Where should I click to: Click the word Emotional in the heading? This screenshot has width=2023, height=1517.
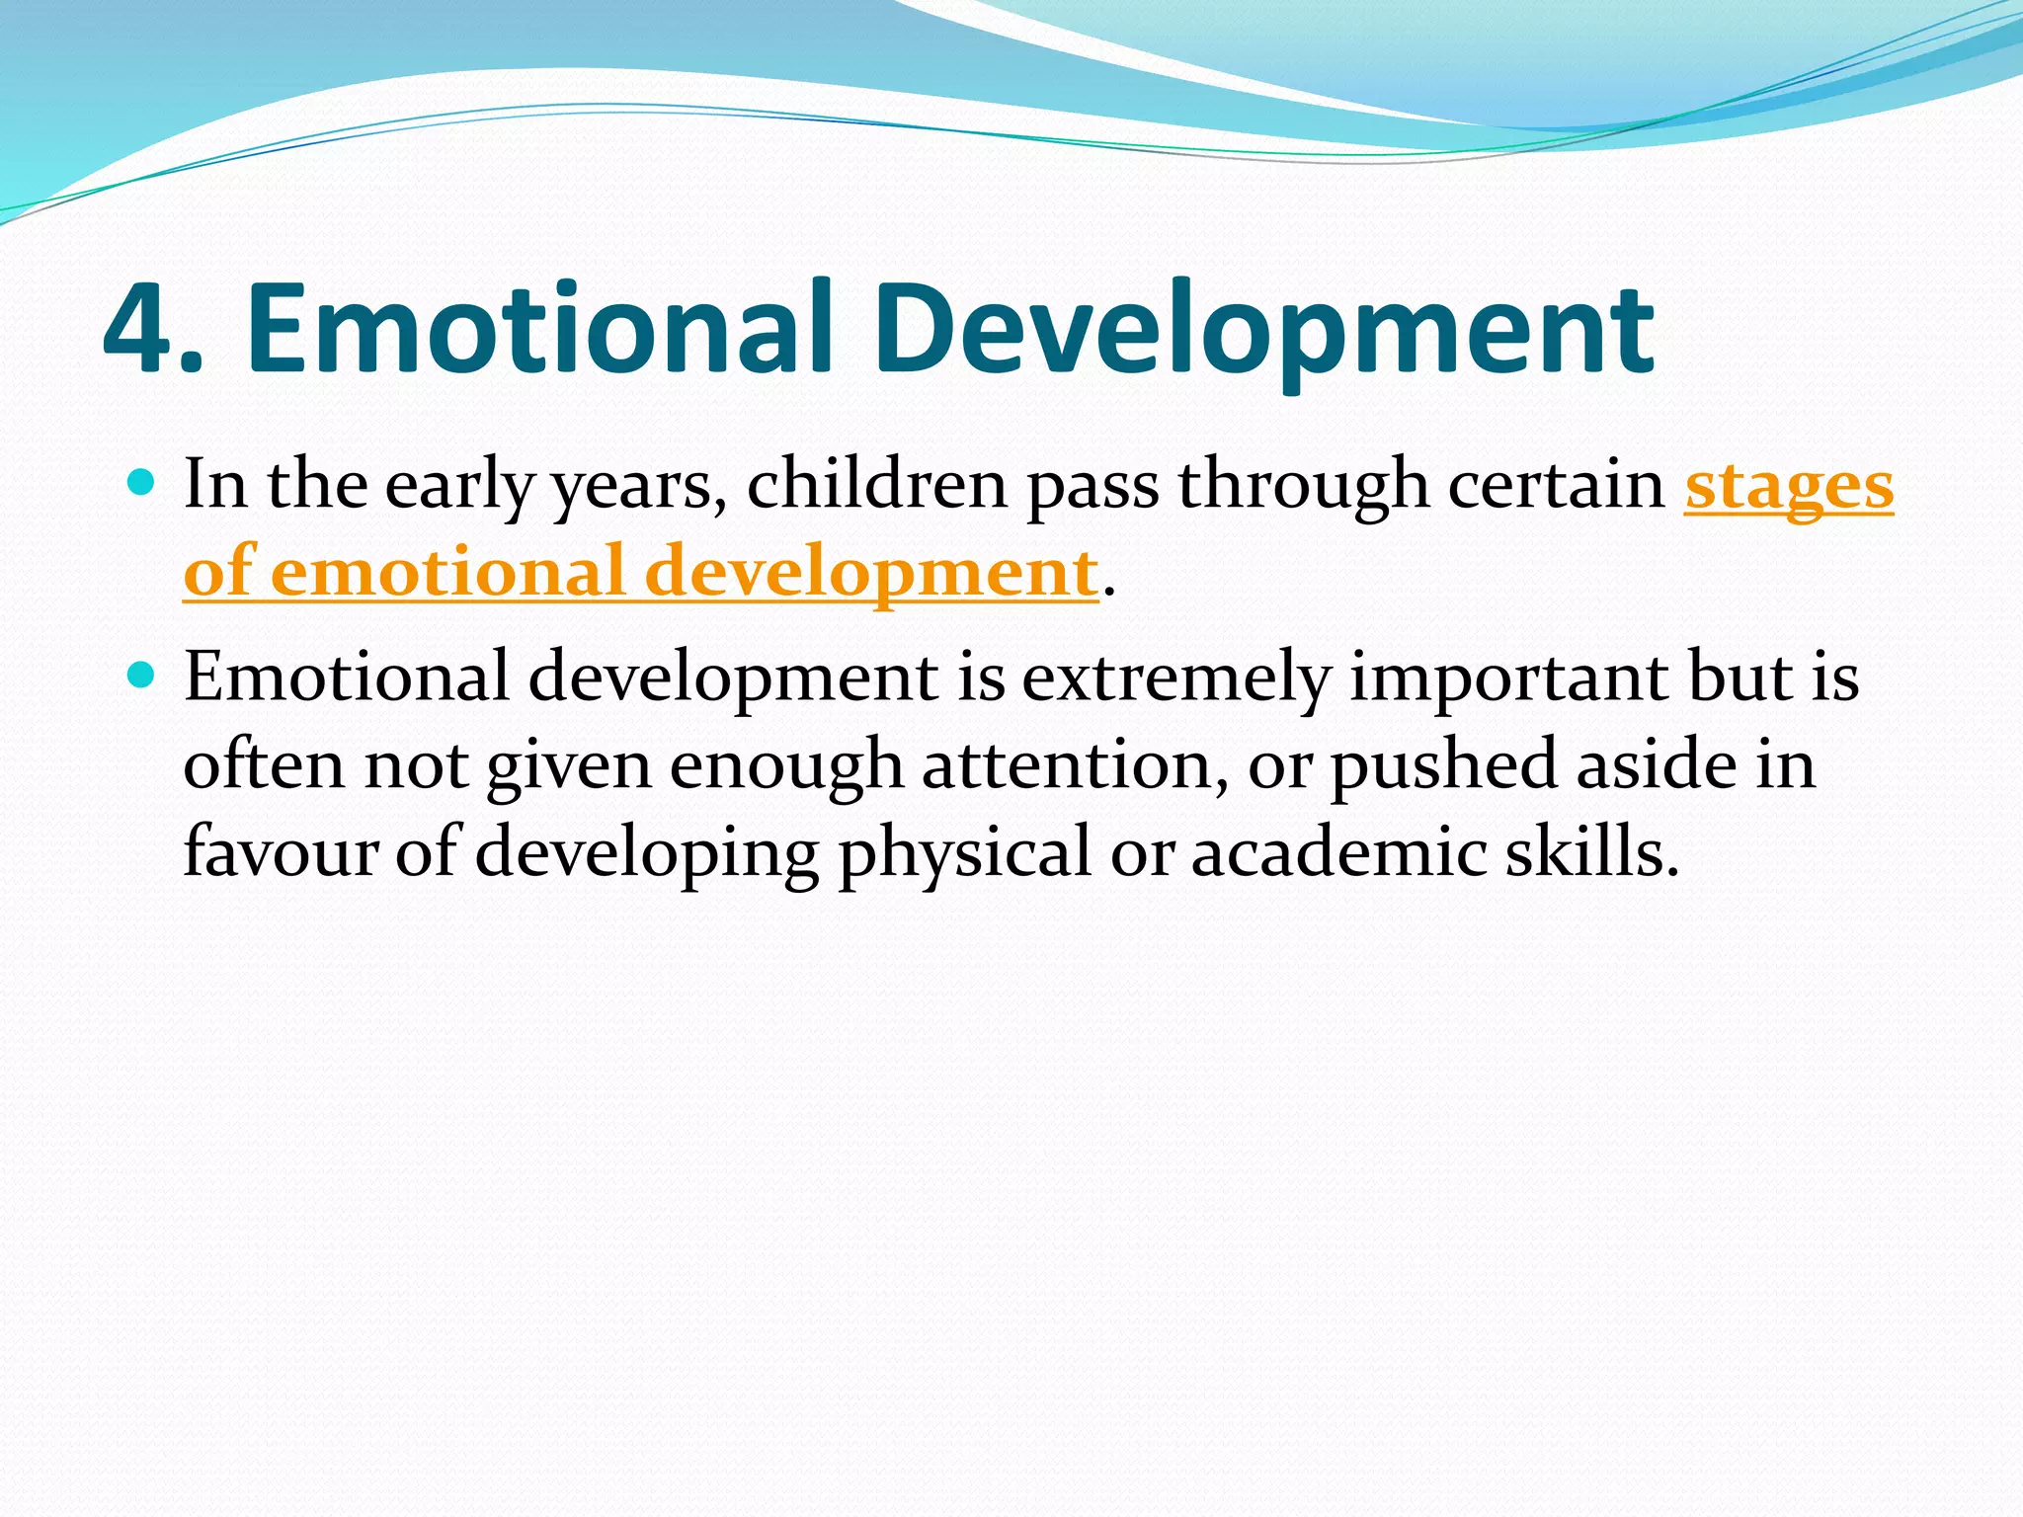pyautogui.click(x=539, y=331)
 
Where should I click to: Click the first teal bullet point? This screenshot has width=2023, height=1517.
pyautogui.click(x=142, y=483)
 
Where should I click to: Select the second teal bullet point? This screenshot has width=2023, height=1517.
pyautogui.click(x=142, y=676)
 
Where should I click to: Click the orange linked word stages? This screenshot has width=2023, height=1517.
pyautogui.click(x=1788, y=487)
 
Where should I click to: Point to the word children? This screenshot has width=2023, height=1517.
pyautogui.click(x=875, y=485)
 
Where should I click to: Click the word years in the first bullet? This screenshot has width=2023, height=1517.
pyautogui.click(x=632, y=487)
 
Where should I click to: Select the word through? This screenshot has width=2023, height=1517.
pyautogui.click(x=1304, y=487)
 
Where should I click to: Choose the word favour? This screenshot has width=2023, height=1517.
pyautogui.click(x=281, y=852)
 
